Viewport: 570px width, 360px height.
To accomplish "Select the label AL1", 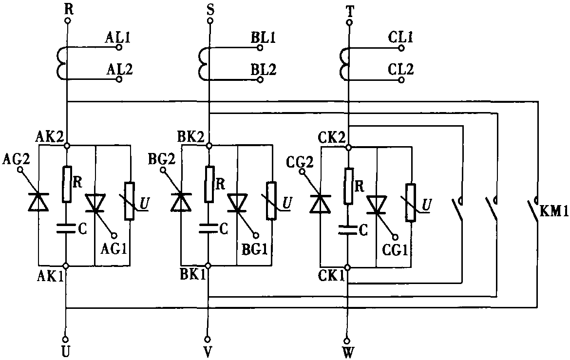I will [x=118, y=38].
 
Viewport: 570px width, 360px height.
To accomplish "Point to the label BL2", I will [x=264, y=70].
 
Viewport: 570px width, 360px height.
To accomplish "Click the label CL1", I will [x=401, y=38].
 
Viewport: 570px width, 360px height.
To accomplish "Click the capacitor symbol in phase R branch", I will [x=66, y=227].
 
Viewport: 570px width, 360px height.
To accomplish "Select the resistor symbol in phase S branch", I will [x=209, y=182].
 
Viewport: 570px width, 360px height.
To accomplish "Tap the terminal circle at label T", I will [x=348, y=21].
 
